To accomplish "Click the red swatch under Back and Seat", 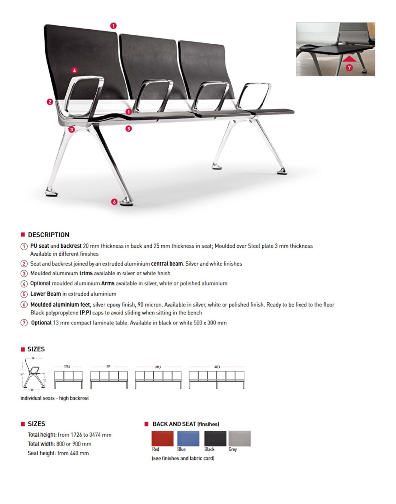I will coord(162,438).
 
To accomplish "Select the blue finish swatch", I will coord(188,438).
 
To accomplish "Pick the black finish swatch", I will coord(215,438).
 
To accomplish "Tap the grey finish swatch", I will coord(239,438).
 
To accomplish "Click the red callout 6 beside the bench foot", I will coord(114,202).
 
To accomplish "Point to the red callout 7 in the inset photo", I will coord(349,68).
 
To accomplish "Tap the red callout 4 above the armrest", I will coord(74,70).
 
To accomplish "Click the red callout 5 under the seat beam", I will coord(129,129).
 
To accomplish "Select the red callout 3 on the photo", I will coord(71,130).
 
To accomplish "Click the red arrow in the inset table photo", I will coord(349,59).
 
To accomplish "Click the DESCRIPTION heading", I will coord(49,235).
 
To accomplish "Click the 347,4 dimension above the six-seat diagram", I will coord(217,367).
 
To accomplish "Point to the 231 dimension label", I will coord(108,366).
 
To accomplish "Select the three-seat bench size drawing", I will coord(68,379).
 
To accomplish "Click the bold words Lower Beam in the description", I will coord(46,294).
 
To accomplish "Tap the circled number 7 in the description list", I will coord(24,323).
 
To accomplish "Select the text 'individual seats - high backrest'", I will coord(55,398).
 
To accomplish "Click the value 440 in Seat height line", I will coord(74,453).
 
